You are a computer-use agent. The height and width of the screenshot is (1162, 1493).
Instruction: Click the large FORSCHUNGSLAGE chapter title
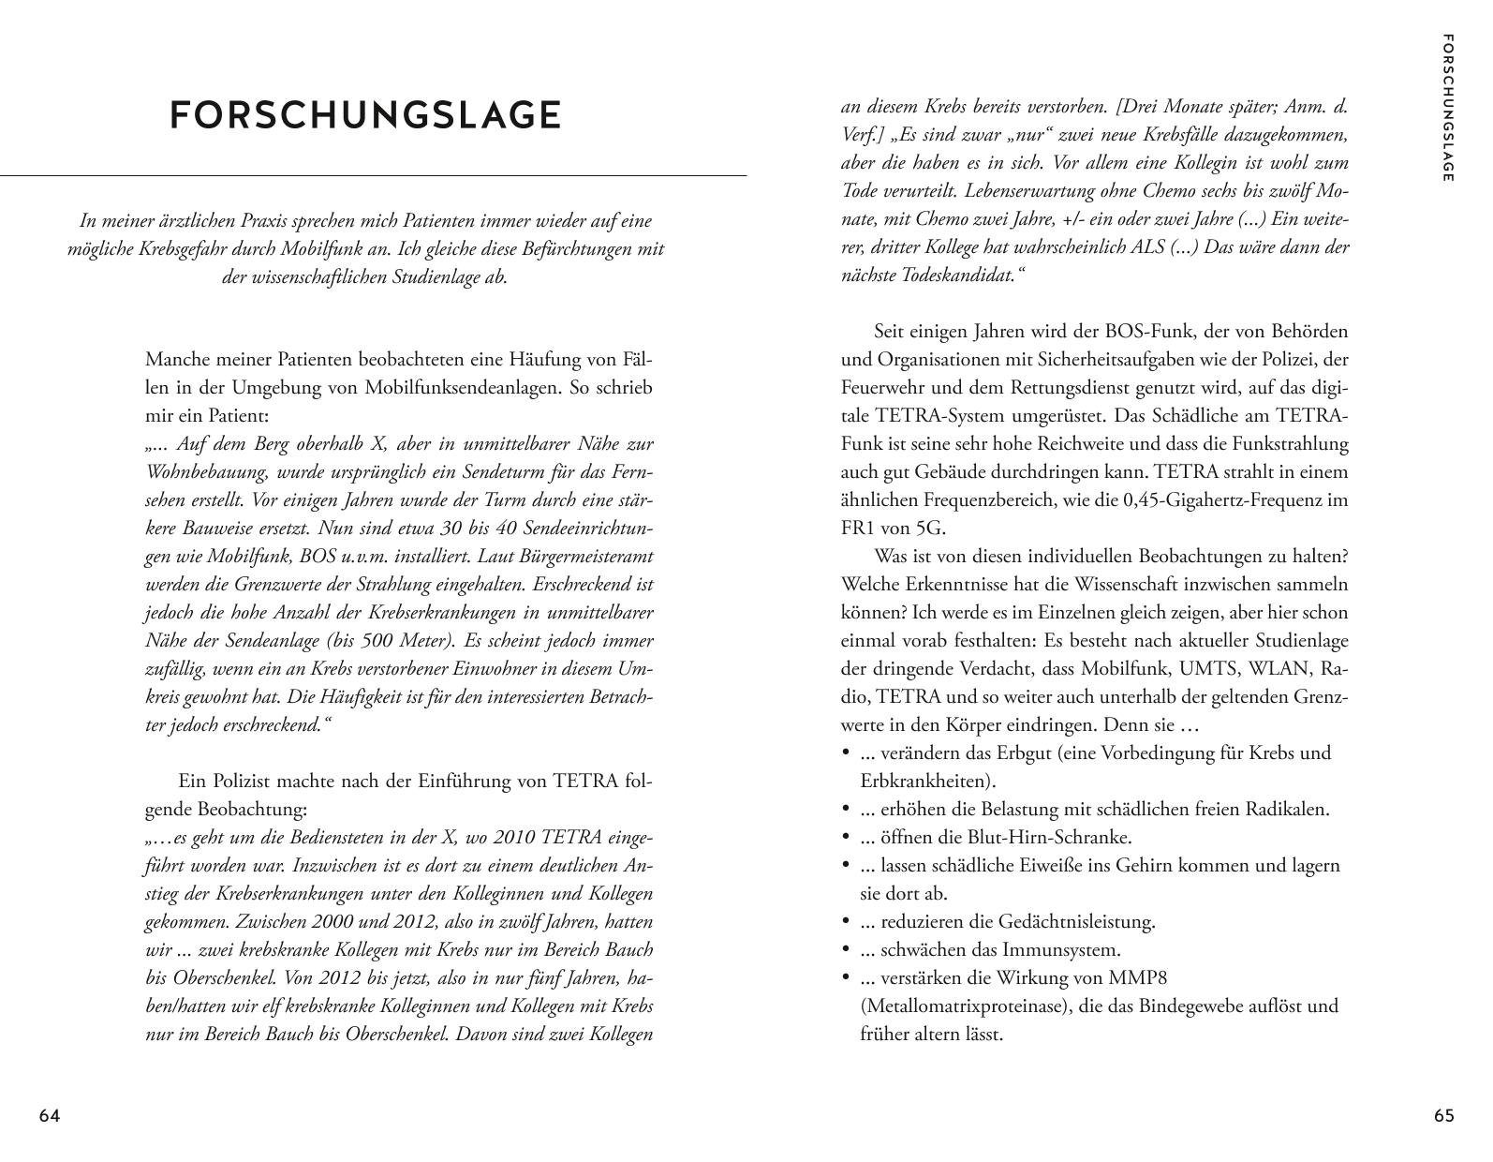click(365, 115)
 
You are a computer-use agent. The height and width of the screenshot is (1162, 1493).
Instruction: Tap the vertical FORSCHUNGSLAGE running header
click(1448, 108)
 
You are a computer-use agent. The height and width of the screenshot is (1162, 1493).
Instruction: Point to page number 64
click(50, 1116)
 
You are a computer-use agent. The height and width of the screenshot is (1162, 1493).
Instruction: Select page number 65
click(1444, 1116)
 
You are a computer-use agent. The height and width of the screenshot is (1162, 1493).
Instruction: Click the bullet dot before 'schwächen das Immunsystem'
click(846, 950)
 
